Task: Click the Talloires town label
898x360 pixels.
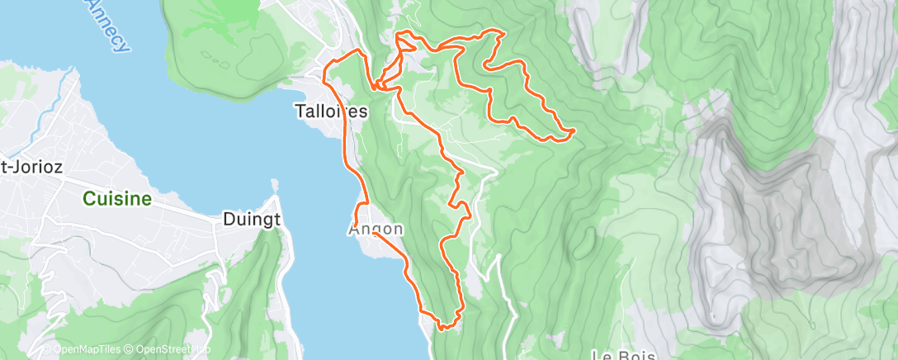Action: pos(331,111)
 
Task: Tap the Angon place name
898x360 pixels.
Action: pos(376,229)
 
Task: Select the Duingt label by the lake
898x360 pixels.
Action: pos(252,220)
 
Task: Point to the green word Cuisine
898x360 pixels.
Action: pos(116,198)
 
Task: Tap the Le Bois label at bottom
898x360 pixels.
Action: pos(623,354)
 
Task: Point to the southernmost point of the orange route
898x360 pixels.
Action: pos(442,328)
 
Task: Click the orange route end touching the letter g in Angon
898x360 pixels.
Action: pos(375,233)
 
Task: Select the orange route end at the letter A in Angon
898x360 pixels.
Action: pos(356,223)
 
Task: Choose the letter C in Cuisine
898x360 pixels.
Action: pos(87,198)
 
